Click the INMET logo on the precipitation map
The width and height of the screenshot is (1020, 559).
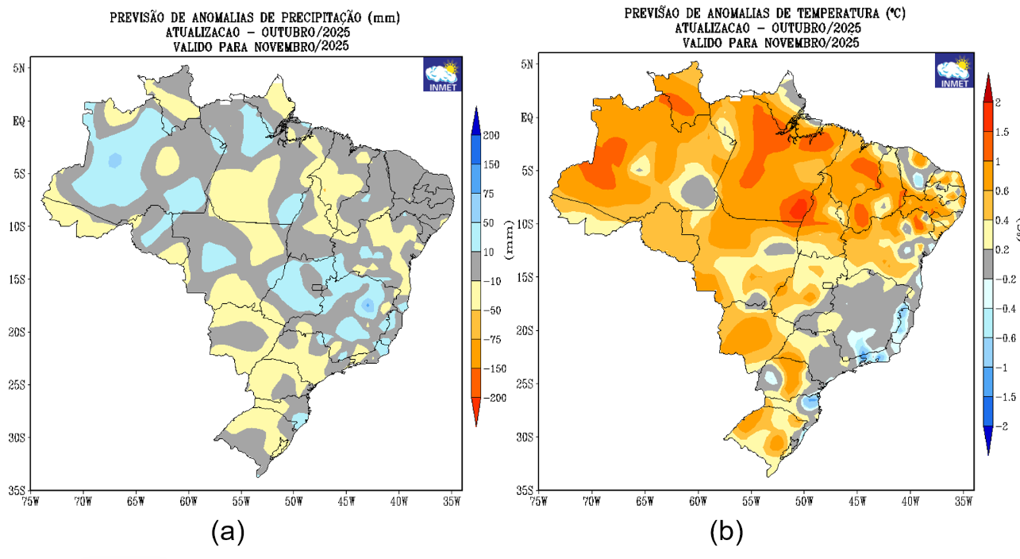(x=442, y=74)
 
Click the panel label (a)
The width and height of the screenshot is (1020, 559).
(x=227, y=531)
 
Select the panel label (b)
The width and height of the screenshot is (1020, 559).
(x=726, y=531)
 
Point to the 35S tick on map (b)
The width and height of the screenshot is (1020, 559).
(x=523, y=490)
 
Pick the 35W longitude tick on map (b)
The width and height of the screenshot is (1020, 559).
(x=964, y=501)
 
